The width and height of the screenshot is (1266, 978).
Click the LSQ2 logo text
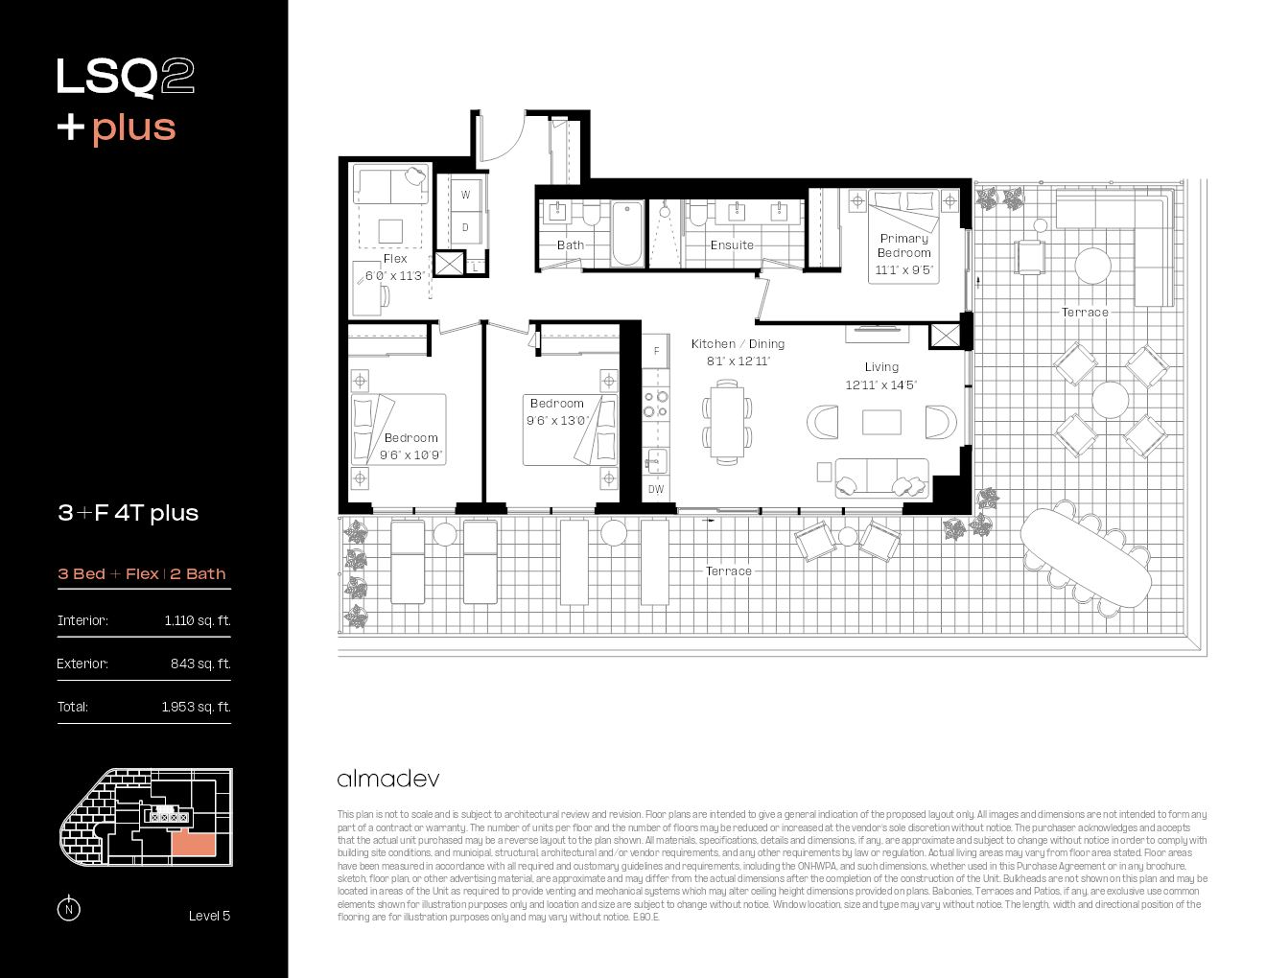125,77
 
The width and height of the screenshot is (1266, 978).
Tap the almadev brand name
388,779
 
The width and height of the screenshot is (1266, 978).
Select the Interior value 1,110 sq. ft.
197,620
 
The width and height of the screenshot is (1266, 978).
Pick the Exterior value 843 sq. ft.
200,664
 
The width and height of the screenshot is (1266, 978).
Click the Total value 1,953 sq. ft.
196,707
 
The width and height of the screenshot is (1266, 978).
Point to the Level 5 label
209,916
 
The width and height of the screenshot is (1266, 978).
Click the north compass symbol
68,909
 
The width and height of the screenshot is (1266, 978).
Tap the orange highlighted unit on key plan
193,844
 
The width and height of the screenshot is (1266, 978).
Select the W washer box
465,195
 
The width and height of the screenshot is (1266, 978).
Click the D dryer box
465,227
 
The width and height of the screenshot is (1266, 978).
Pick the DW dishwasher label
656,489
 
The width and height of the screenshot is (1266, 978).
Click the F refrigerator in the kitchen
656,351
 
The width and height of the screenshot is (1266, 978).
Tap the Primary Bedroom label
903,245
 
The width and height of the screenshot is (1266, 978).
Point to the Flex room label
395,259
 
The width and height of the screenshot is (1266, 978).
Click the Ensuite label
732,245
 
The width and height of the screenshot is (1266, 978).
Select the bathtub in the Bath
628,233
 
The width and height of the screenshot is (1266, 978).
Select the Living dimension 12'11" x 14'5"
880,385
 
